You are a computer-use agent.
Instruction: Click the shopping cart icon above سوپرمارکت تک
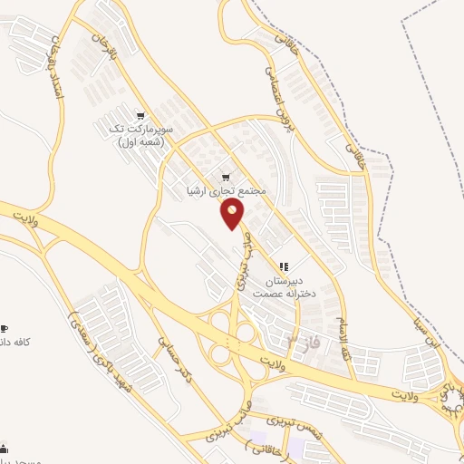coord(140,115)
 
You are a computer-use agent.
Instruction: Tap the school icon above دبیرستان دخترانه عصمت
coord(285,267)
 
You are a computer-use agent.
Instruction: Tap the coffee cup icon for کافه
coord(5,328)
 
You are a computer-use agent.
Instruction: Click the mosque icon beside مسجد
coord(5,447)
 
